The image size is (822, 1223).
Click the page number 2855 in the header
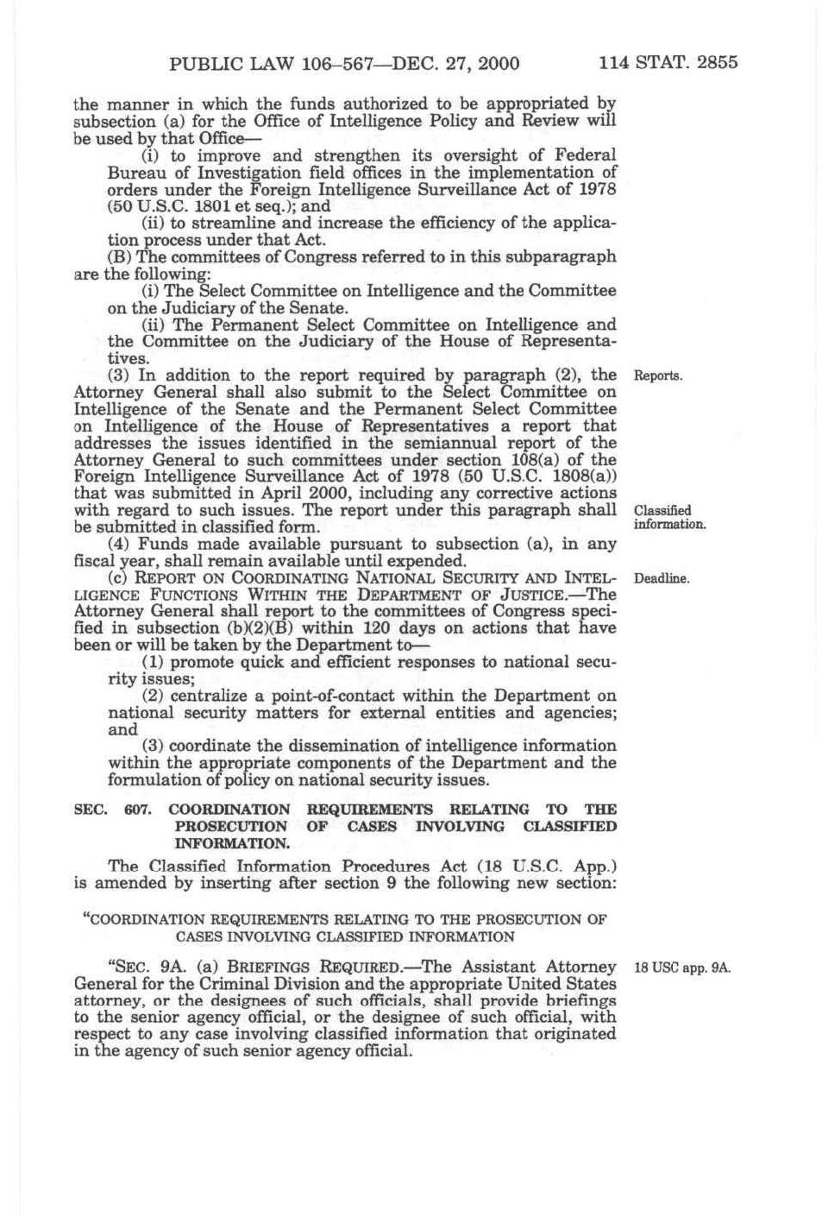(712, 62)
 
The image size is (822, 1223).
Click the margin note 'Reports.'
(658, 376)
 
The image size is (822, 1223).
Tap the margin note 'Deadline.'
(662, 578)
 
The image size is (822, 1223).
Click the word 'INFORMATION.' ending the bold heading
(232, 843)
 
